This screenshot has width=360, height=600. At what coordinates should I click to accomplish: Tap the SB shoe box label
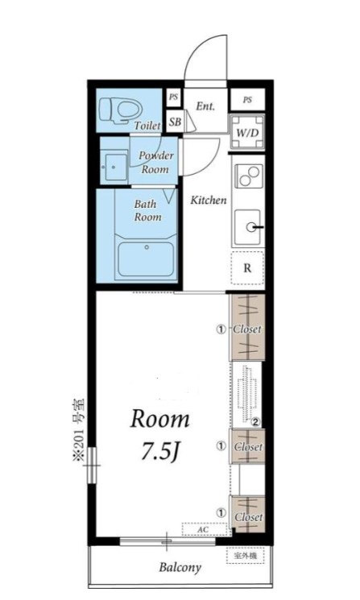point(175,122)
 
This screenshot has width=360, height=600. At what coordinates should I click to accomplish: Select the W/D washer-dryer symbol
point(247,132)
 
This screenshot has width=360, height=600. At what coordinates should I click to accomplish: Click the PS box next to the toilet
point(173,97)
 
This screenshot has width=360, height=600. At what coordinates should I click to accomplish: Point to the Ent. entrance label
point(205,106)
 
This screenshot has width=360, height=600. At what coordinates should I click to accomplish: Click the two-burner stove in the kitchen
point(249,176)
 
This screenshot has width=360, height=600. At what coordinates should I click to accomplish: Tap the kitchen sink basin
point(248,227)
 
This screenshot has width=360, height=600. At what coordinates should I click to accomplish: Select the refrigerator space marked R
point(247,268)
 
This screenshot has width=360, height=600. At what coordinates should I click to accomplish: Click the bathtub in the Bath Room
point(146,259)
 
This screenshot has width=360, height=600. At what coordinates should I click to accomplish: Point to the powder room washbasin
point(114,168)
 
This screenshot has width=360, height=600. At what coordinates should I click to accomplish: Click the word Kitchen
point(209,200)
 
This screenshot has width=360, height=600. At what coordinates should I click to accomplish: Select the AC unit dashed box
point(203,529)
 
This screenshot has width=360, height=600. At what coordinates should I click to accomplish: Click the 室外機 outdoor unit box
point(245,556)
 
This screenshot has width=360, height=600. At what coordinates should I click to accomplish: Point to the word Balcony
point(180,568)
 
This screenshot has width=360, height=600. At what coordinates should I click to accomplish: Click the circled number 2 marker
point(255,423)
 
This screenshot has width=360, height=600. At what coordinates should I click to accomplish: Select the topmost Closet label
point(247,329)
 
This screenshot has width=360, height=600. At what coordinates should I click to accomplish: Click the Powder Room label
point(155,162)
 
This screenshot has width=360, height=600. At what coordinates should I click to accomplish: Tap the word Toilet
point(147,125)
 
